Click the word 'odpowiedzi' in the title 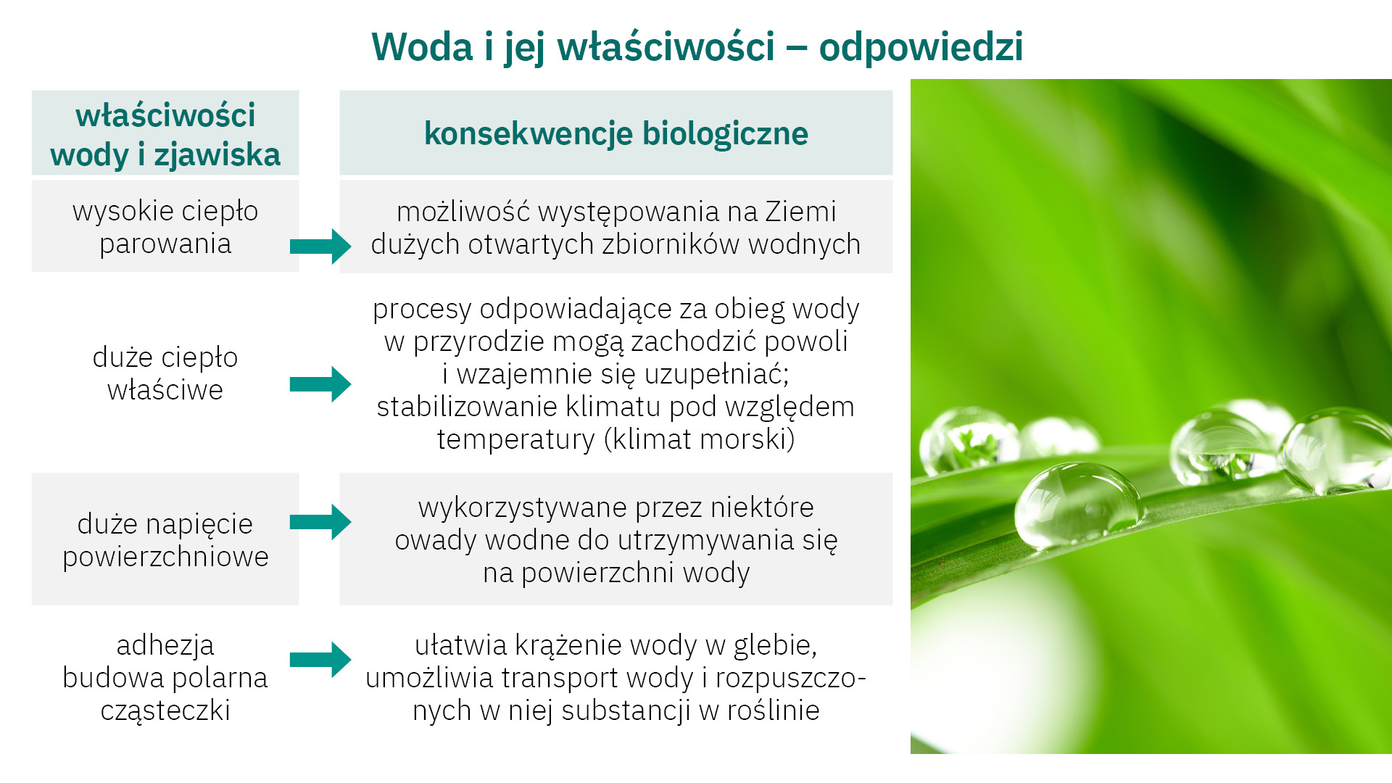(921, 48)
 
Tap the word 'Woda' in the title (422, 47)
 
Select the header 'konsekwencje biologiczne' (616, 133)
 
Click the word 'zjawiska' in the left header (217, 156)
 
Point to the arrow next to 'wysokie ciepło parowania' (320, 246)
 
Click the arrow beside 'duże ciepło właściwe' (320, 384)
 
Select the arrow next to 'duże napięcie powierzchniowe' (320, 522)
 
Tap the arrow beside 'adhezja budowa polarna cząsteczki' (320, 660)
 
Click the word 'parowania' (165, 245)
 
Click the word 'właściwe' (165, 390)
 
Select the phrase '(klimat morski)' (700, 439)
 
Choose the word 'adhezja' (165, 645)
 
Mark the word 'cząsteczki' (165, 710)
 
